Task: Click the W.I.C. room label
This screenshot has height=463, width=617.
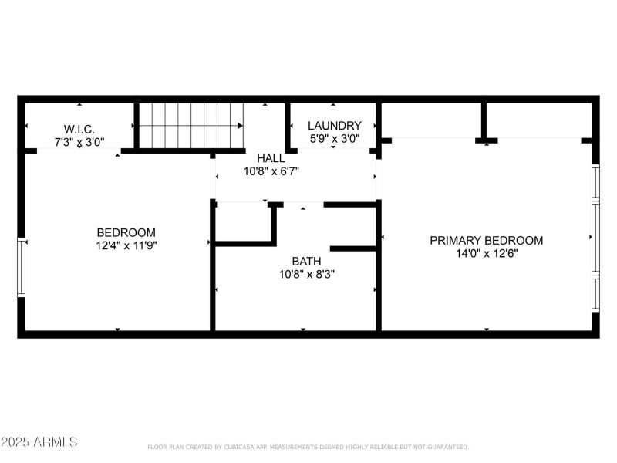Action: coord(79,128)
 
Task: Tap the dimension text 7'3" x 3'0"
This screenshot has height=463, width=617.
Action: coord(79,142)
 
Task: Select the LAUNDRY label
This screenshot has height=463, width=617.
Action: coord(334,125)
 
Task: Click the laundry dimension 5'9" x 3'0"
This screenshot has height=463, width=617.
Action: coord(334,139)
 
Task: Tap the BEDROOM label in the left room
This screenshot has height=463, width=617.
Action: coord(126,232)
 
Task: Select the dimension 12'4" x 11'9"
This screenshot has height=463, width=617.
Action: coord(126,245)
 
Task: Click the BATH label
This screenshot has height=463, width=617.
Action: coord(306,261)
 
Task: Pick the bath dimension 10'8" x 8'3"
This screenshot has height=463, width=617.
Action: coord(306,274)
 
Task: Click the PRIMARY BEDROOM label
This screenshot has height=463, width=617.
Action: coord(486,240)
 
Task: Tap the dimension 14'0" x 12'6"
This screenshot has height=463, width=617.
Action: coord(486,253)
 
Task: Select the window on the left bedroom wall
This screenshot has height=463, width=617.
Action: coord(22,267)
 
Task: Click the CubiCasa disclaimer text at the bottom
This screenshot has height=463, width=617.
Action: coord(308,447)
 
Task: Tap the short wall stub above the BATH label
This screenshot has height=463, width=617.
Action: coord(354,248)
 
